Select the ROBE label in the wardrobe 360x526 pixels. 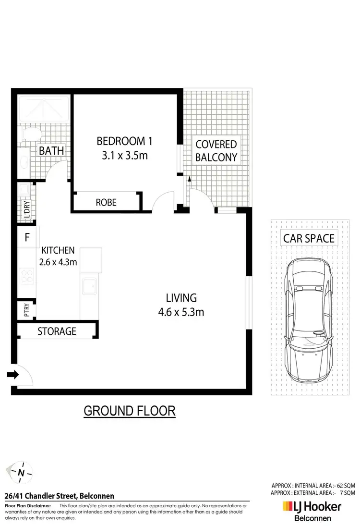106,202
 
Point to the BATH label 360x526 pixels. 51,151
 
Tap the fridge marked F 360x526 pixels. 27,237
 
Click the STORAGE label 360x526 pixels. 57,331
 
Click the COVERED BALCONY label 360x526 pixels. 216,150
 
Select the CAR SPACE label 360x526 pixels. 309,238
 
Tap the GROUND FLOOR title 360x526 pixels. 130,411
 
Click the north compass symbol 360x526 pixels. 21,472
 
